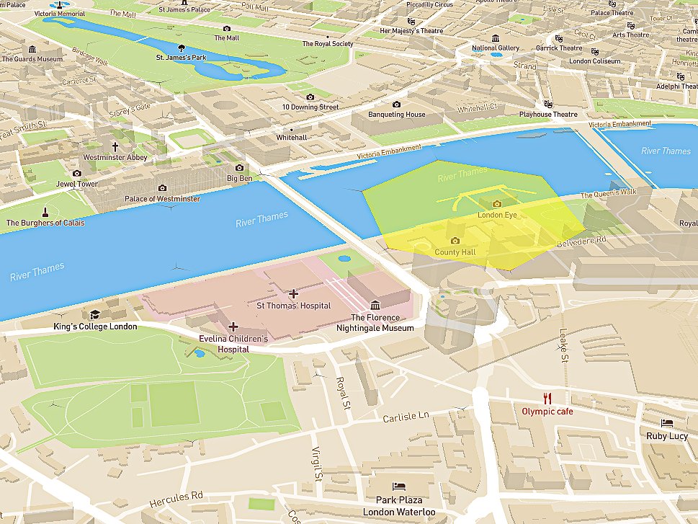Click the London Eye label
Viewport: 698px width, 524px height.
497,215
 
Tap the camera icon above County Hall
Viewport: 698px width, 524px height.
455,241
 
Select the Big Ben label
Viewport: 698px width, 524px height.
239,177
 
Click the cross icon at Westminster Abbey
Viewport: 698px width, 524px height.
115,146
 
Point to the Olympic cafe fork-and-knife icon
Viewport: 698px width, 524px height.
547,399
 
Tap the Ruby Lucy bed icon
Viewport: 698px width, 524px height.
667,423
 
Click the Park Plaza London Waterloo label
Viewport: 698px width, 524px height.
398,505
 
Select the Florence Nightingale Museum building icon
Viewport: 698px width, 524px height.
375,306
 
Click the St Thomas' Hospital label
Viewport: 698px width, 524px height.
294,306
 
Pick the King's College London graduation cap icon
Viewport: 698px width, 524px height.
94,314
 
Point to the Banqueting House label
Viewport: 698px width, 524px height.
396,115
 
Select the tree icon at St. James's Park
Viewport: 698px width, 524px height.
182,47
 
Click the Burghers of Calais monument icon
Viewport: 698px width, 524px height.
45,212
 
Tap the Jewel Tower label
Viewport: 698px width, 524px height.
77,184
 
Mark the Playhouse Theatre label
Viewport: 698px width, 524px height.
548,114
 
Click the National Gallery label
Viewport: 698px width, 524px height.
495,48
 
